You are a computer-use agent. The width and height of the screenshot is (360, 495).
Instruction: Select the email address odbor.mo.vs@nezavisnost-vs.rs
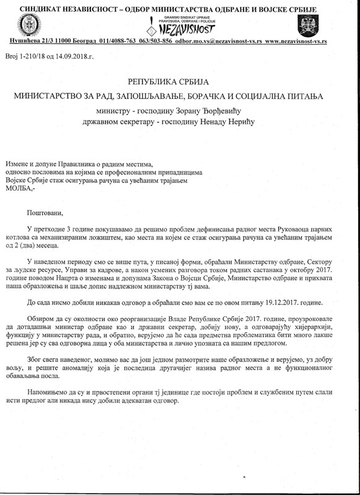(221, 41)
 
